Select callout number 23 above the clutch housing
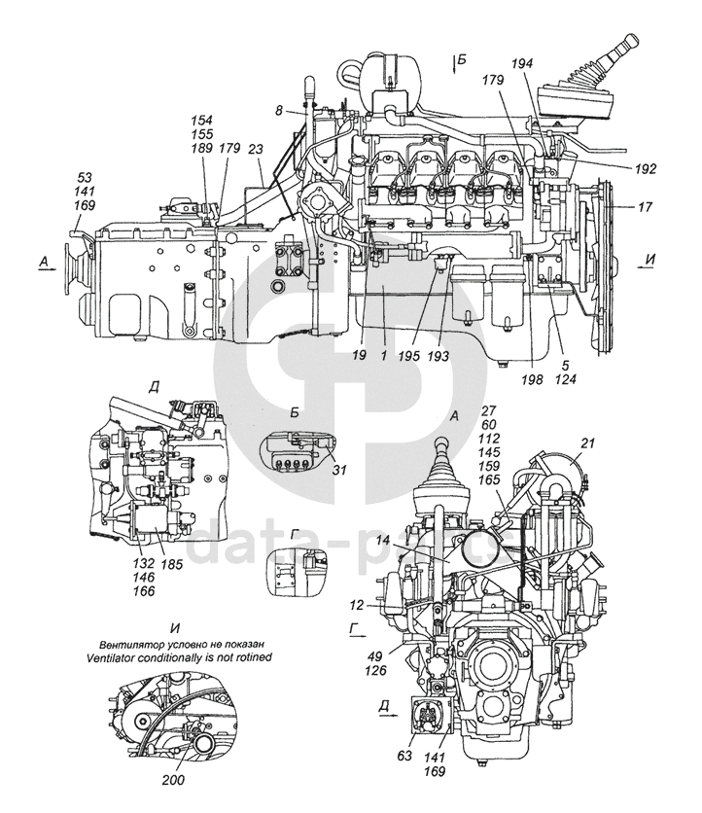click(256, 150)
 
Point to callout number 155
click(203, 135)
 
